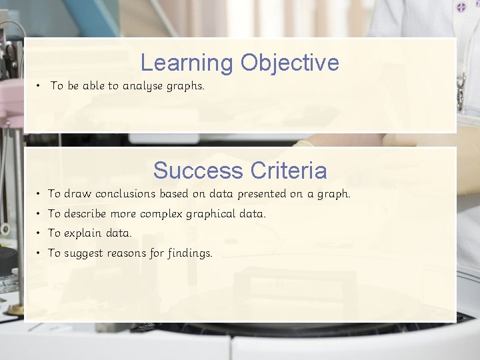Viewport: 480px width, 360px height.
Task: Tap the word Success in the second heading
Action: (197, 171)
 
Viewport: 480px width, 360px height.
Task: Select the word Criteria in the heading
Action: (287, 171)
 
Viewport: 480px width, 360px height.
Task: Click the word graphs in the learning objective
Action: (186, 86)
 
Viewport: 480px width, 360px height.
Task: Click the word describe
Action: (86, 214)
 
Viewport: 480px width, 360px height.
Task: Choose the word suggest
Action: (85, 253)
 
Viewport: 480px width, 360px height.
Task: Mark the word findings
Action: (189, 253)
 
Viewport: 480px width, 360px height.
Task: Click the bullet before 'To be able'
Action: (40, 86)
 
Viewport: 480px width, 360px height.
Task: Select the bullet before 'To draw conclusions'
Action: (40, 194)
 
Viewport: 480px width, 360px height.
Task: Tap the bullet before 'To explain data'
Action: (40, 233)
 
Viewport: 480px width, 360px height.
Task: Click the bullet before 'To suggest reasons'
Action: (40, 253)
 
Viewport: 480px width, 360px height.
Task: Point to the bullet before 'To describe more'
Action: (40, 214)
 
